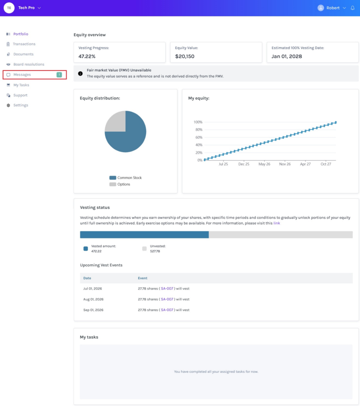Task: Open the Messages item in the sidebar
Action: (x=22, y=75)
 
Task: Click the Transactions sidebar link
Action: (x=24, y=44)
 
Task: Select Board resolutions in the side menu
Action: (x=29, y=64)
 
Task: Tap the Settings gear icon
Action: (x=8, y=105)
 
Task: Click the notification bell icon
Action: (x=352, y=8)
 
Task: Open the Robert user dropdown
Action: (x=332, y=8)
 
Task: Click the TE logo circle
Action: (x=9, y=8)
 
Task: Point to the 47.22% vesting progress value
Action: (x=87, y=56)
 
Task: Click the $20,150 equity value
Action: (x=185, y=56)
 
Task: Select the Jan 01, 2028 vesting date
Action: (x=287, y=56)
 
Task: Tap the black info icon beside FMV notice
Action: (x=80, y=73)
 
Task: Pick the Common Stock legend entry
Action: (x=126, y=178)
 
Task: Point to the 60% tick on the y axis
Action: (x=199, y=137)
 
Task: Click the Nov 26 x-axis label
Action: (x=285, y=164)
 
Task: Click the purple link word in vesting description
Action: (x=277, y=223)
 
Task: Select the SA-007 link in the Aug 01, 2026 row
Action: (x=167, y=299)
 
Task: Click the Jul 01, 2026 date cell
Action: (x=93, y=289)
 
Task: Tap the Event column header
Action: (x=143, y=278)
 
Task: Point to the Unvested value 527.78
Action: (x=155, y=251)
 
